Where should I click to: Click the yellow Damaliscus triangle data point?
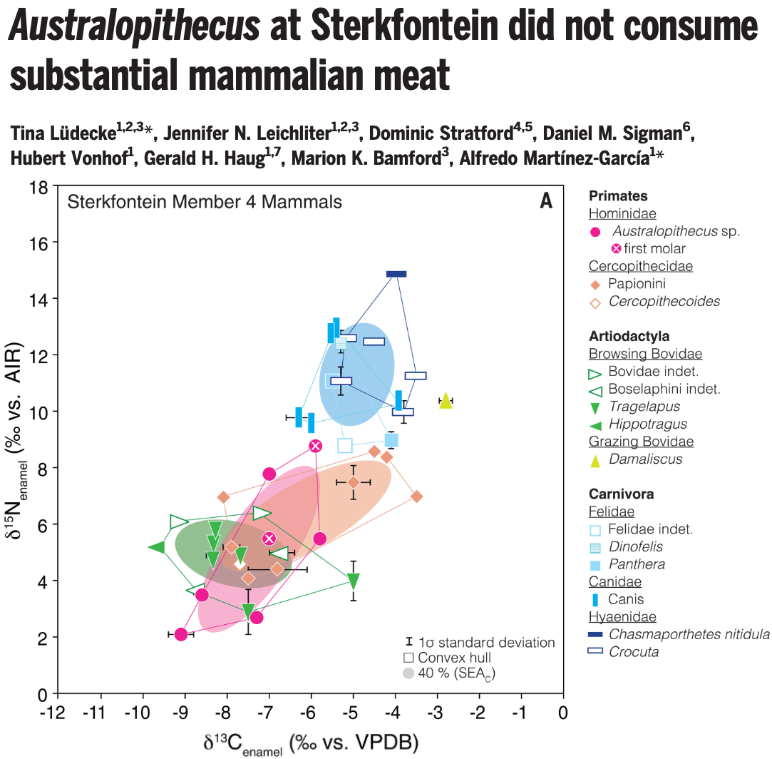[446, 400]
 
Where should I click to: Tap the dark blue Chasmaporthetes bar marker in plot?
[396, 274]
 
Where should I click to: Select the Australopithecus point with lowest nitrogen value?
[181, 634]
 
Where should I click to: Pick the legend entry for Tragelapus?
[644, 407]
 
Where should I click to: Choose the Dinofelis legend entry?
[635, 546]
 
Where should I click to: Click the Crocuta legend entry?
[634, 652]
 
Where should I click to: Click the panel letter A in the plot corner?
[546, 202]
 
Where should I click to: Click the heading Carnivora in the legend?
[621, 494]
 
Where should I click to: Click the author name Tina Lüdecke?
[63, 133]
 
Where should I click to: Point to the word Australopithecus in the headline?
[135, 28]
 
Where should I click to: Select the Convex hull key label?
[455, 658]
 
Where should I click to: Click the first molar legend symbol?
[617, 249]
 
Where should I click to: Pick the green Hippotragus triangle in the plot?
[157, 547]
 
